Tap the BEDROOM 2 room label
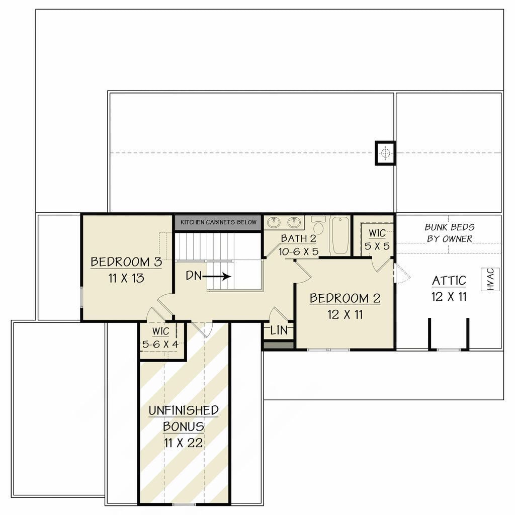(345, 298)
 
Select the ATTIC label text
(449, 281)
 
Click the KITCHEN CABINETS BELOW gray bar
(218, 222)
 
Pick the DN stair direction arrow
(217, 276)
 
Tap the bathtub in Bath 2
(340, 235)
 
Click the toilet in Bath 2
(318, 226)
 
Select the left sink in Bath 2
(274, 222)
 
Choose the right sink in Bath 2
(294, 222)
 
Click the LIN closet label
(279, 331)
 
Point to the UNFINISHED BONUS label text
(184, 418)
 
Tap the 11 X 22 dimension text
(183, 443)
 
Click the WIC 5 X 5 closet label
(377, 240)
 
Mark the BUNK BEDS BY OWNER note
(450, 233)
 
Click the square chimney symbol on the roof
(385, 153)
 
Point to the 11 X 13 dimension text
(126, 278)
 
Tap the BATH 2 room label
(299, 238)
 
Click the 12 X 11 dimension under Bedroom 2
(345, 315)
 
